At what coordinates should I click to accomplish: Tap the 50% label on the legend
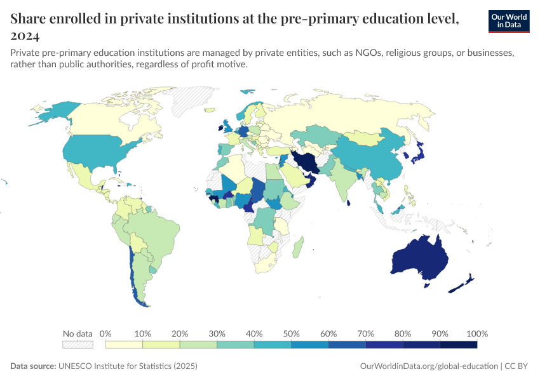point(291,333)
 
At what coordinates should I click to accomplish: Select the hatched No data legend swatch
point(78,344)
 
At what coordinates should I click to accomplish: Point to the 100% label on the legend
point(476,333)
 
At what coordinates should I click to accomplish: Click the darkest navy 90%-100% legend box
point(458,344)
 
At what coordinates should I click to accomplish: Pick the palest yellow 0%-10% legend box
point(124,344)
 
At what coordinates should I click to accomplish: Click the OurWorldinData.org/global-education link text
point(428,366)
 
